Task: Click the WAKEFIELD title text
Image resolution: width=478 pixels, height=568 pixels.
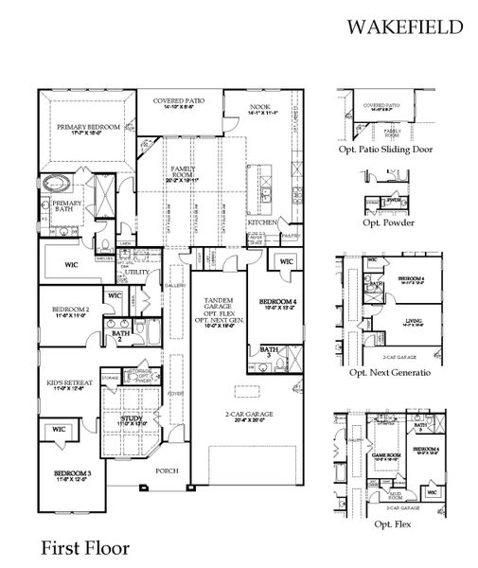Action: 404,27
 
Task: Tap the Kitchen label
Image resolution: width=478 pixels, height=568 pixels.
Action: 263,222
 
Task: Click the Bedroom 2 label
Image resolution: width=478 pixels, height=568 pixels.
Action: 72,311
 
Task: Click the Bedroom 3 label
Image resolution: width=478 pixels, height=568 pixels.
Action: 72,473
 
